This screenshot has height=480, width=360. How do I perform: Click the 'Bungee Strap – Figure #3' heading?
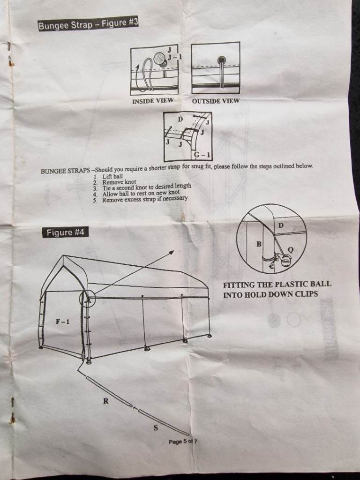[88, 24]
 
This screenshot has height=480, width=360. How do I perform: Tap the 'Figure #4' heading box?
[65, 232]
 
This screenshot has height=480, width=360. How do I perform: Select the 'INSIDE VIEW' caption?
[153, 101]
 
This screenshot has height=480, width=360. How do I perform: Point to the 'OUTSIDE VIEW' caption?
[216, 101]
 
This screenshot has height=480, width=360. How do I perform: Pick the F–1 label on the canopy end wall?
[62, 322]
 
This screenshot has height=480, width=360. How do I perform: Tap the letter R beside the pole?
[106, 401]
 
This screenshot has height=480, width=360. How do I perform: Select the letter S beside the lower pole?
[156, 427]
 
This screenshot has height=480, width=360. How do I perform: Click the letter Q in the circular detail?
[291, 250]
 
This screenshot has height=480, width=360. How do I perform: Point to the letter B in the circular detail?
[259, 244]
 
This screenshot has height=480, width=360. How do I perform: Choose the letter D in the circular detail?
[281, 225]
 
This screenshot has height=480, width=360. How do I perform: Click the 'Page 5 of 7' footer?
[183, 442]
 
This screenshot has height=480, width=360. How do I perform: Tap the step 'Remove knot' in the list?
[119, 182]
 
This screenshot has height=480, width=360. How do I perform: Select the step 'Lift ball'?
[112, 176]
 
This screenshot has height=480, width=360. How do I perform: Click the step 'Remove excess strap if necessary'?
[145, 199]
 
